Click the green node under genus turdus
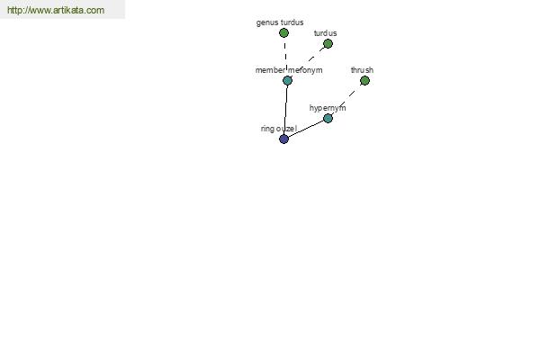[x=283, y=33]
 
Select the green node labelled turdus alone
[x=328, y=44]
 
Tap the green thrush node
[x=364, y=81]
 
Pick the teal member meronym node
[x=287, y=81]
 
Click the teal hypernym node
[x=328, y=119]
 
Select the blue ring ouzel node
[x=283, y=139]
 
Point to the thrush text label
[x=362, y=70]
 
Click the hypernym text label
[x=328, y=108]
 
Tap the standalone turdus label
[x=326, y=33]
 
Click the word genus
[x=267, y=22]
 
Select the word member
[x=270, y=70]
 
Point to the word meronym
[x=305, y=70]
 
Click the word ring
[x=267, y=129]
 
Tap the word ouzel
[x=286, y=129]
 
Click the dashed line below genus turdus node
[x=285, y=57]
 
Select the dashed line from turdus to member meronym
[x=308, y=62]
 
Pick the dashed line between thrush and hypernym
[x=346, y=100]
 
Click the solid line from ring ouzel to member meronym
[x=285, y=110]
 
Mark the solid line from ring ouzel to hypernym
[x=306, y=129]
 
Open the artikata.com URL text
[x=56, y=10]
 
